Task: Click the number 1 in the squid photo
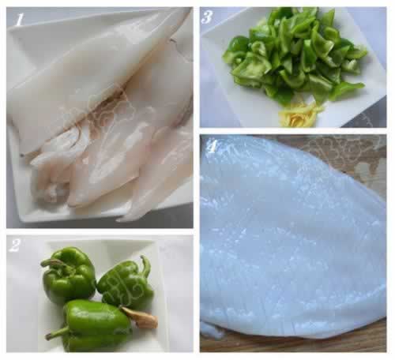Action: click(x=19, y=20)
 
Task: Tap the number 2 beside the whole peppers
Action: click(x=14, y=246)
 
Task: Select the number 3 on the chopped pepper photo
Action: click(x=207, y=17)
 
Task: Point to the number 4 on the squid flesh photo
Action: click(x=213, y=146)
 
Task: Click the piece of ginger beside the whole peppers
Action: click(x=140, y=317)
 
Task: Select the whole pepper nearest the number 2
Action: click(x=68, y=274)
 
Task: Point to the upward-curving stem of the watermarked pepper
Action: click(x=146, y=265)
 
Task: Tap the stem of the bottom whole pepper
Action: click(x=57, y=334)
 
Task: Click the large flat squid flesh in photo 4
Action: click(x=290, y=237)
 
